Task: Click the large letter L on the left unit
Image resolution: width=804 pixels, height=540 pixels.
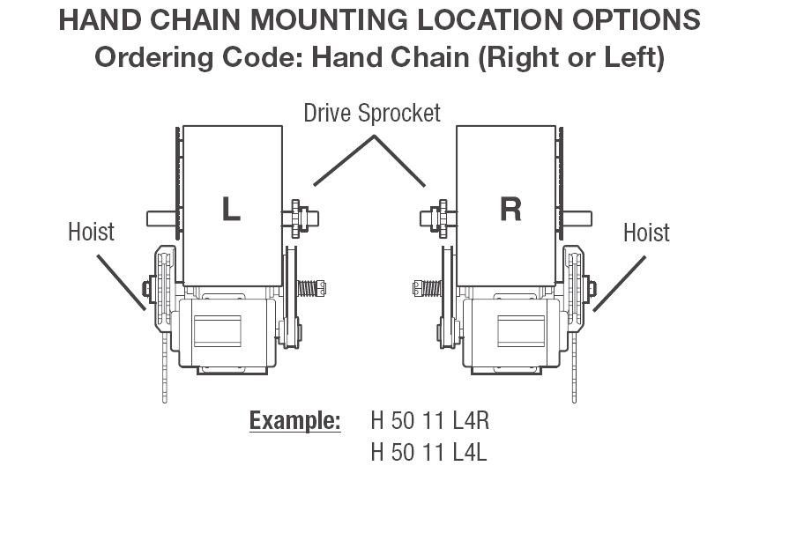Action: [x=231, y=209]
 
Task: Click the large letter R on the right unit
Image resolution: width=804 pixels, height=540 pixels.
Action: [x=510, y=209]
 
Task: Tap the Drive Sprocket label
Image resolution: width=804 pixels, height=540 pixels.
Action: [x=372, y=114]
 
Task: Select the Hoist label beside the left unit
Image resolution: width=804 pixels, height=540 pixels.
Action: [x=92, y=232]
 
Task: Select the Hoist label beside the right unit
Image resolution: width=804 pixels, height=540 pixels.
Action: [x=646, y=233]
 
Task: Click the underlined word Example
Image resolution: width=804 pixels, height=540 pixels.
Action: [x=294, y=421]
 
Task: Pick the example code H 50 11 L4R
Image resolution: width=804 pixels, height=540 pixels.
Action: [x=429, y=420]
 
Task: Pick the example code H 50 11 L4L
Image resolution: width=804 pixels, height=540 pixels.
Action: [x=428, y=452]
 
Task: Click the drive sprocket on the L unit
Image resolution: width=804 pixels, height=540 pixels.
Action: [x=296, y=218]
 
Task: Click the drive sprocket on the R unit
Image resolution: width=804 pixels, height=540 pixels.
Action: [x=443, y=218]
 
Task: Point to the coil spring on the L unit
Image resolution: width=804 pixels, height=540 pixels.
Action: [x=309, y=288]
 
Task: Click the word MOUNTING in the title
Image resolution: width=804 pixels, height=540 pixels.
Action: [x=329, y=20]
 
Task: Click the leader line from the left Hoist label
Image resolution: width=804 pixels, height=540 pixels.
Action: [x=121, y=282]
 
